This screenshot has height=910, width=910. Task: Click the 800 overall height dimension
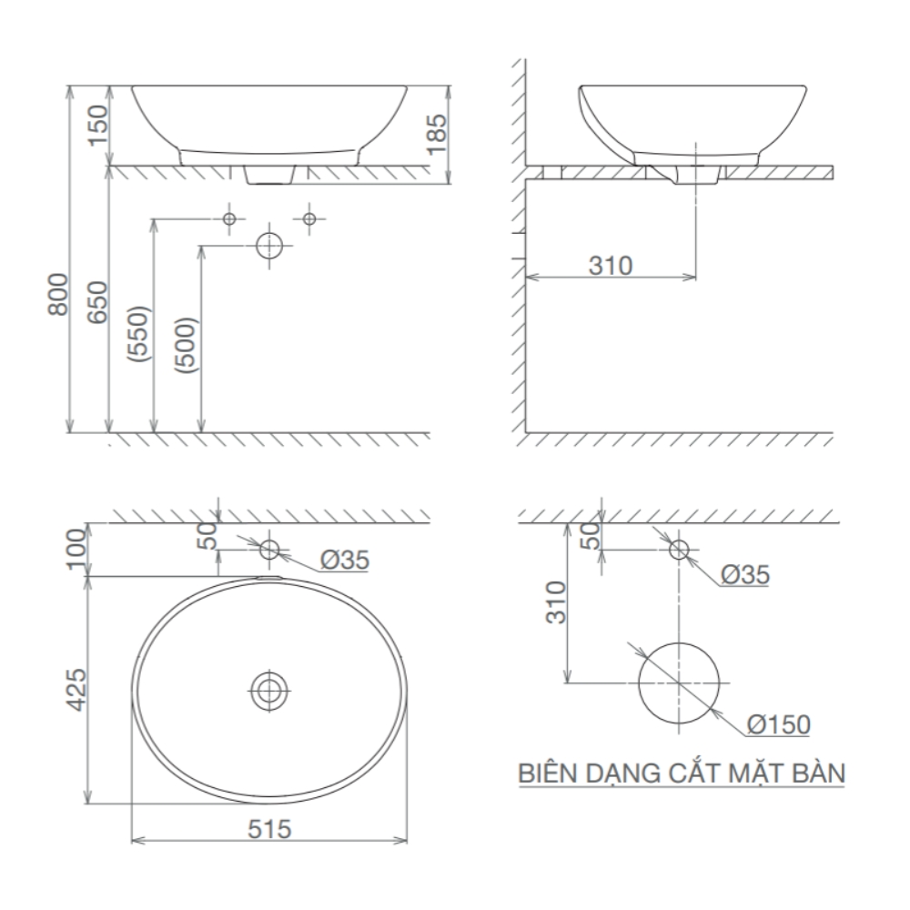(56, 293)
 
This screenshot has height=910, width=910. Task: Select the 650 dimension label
(97, 300)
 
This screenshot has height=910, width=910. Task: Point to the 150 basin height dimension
(97, 126)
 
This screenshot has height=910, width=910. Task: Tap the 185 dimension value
(438, 134)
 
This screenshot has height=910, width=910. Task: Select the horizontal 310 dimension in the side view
(610, 265)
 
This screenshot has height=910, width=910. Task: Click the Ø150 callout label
(779, 724)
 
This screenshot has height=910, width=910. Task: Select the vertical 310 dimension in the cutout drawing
(556, 602)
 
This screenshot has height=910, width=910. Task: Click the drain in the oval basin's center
(268, 690)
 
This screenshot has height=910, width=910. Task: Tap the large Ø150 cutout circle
(679, 682)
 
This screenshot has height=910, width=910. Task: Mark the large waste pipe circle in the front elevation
(268, 246)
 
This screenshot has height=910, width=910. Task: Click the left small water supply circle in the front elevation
(229, 218)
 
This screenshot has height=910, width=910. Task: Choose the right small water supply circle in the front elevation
(308, 218)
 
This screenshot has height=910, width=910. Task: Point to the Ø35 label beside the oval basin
(345, 561)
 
